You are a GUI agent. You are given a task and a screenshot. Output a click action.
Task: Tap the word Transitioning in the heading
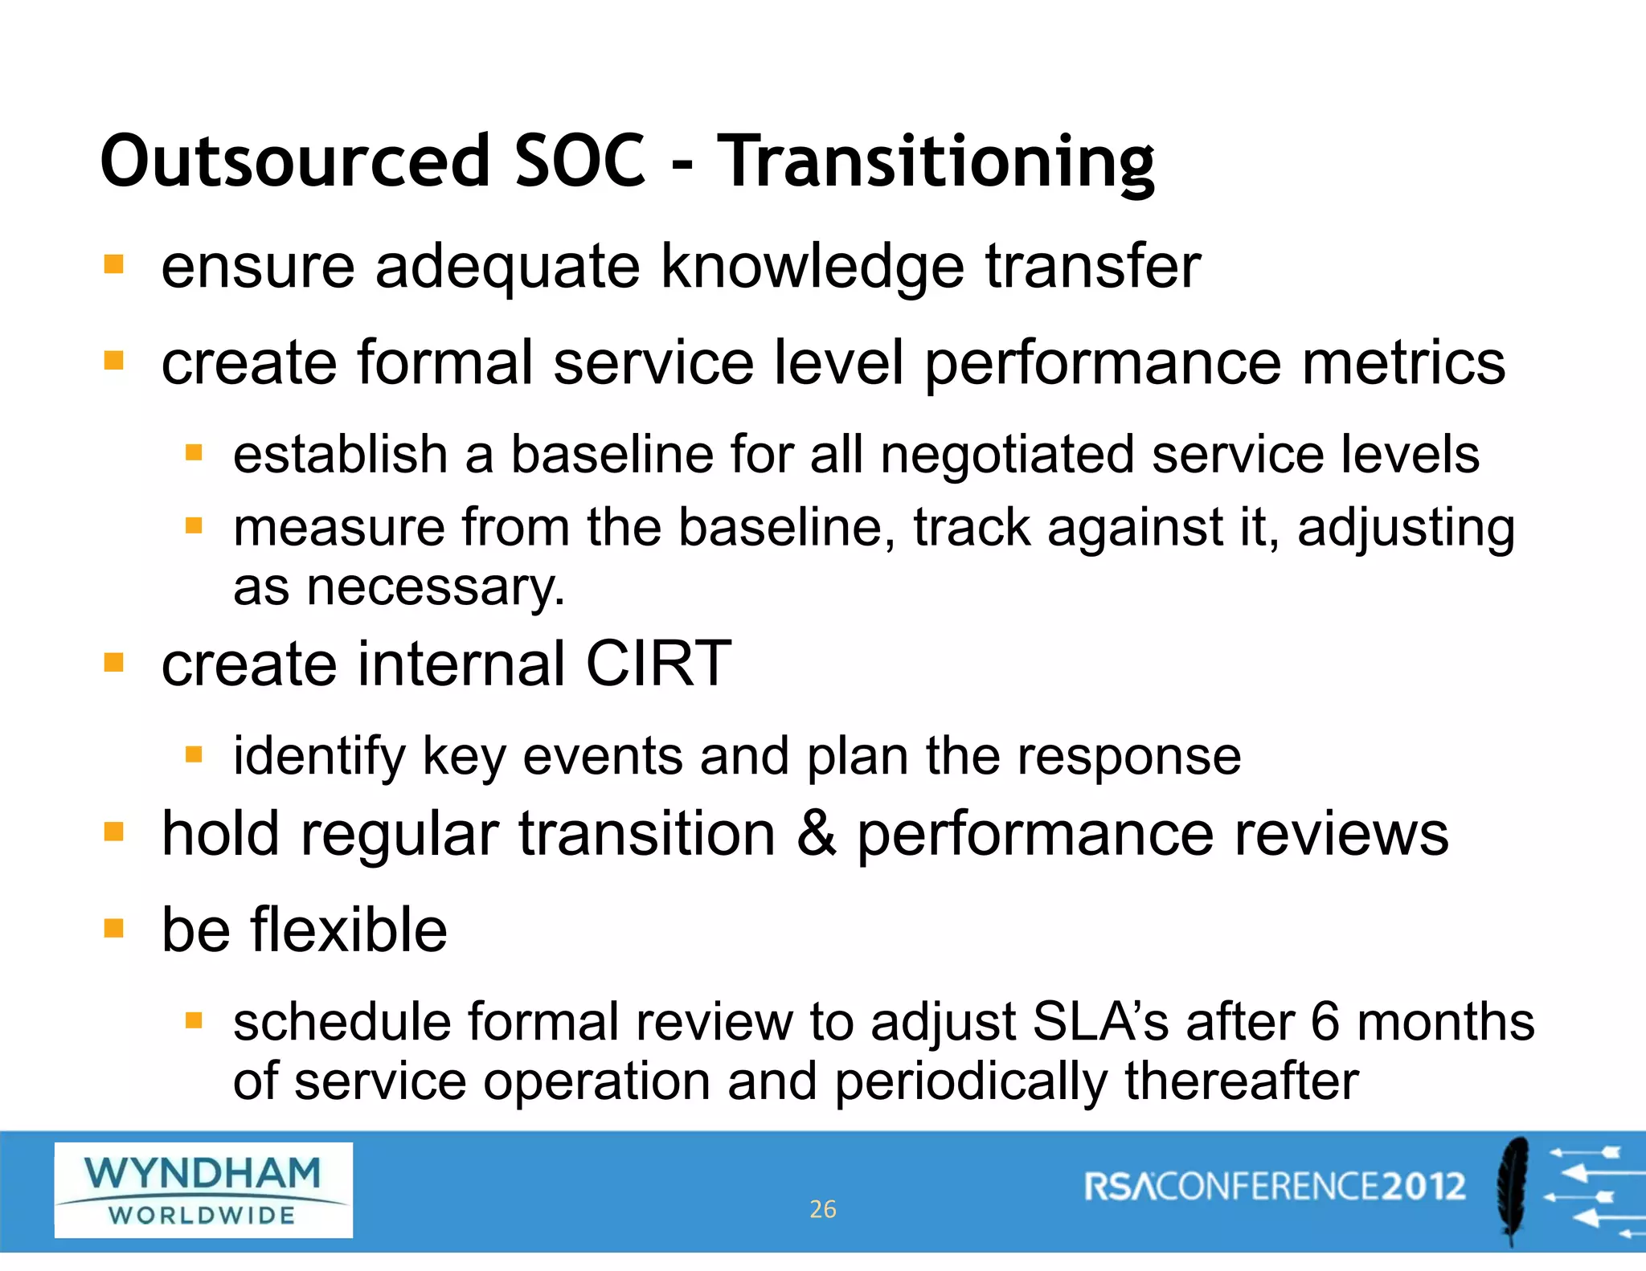(936, 163)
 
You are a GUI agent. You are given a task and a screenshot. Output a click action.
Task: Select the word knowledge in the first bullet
(812, 267)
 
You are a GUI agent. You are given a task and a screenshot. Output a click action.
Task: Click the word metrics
(1403, 363)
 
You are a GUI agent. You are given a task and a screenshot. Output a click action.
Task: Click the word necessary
(435, 586)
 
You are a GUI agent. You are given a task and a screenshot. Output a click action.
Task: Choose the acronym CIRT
(658, 664)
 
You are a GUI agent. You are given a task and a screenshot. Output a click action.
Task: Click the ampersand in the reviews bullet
(816, 834)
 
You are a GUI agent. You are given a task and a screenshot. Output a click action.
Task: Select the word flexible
(349, 930)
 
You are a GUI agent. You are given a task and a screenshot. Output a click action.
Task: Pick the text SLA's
(1100, 1022)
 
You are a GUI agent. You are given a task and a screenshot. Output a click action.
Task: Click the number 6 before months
(1325, 1022)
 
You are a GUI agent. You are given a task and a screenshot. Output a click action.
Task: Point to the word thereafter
(1241, 1081)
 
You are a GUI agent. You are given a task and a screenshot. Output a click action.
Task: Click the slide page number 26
(822, 1209)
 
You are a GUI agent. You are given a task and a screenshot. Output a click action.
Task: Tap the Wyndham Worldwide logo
(203, 1190)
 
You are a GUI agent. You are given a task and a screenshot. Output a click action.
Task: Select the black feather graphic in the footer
(1513, 1190)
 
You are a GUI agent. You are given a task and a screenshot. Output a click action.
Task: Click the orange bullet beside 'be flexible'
(114, 929)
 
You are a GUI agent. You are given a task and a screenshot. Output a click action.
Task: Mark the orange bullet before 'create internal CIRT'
(114, 663)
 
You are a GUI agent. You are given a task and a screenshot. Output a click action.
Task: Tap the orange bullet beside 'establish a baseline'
(194, 453)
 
